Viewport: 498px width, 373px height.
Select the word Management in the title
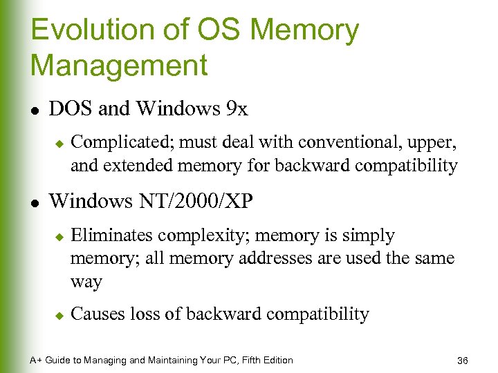[119, 66]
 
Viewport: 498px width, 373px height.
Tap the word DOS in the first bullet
[72, 108]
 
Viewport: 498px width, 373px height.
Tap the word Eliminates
[112, 236]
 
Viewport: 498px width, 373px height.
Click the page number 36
[463, 361]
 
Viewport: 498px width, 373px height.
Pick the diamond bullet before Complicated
[59, 143]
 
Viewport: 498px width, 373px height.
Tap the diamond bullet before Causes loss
[59, 315]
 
